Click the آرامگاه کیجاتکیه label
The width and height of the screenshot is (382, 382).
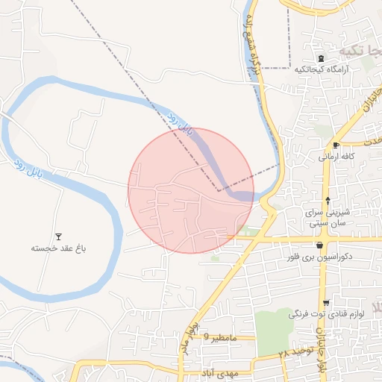pos(321,69)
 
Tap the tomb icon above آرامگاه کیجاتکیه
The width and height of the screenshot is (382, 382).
pos(321,59)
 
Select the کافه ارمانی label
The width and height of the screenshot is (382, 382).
pos(336,157)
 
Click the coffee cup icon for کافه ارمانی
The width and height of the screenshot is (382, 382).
pos(336,145)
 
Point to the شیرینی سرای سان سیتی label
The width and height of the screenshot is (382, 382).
pos(328,218)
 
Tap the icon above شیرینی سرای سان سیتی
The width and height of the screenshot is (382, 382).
pos(328,200)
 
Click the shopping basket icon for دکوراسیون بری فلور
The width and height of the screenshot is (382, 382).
pos(319,245)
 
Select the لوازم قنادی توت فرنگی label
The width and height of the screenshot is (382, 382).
pos(326,314)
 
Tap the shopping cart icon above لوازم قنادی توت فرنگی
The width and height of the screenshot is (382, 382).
pos(326,302)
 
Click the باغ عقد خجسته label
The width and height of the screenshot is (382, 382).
pos(59,247)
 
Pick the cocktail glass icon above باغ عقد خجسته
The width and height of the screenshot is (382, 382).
pos(59,236)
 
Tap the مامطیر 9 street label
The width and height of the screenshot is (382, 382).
pos(222,338)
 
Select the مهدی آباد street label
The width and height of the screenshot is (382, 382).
pos(219,372)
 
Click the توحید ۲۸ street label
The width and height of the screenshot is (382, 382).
pos(294,353)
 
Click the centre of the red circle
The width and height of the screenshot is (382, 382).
pos(191,190)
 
